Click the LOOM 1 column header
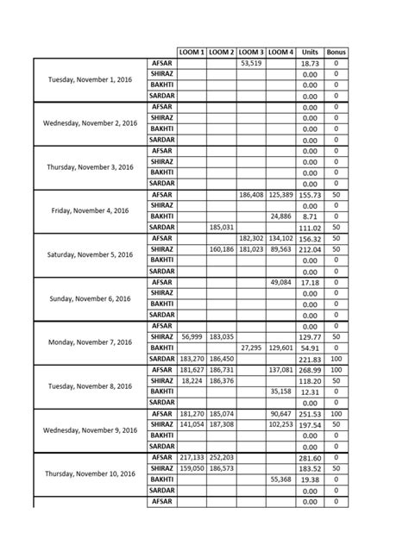(192, 53)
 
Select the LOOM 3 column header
(250, 53)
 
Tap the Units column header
(310, 53)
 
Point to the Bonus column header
(337, 53)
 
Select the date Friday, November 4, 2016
(91, 210)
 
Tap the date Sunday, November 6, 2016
(91, 298)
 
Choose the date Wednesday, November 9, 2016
(91, 429)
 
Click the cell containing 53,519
(250, 63)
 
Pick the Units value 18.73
(310, 64)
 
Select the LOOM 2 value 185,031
(221, 227)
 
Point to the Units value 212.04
(310, 249)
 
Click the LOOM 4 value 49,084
(280, 282)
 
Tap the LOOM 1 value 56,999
(192, 336)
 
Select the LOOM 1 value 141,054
(192, 424)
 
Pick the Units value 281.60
(310, 457)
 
